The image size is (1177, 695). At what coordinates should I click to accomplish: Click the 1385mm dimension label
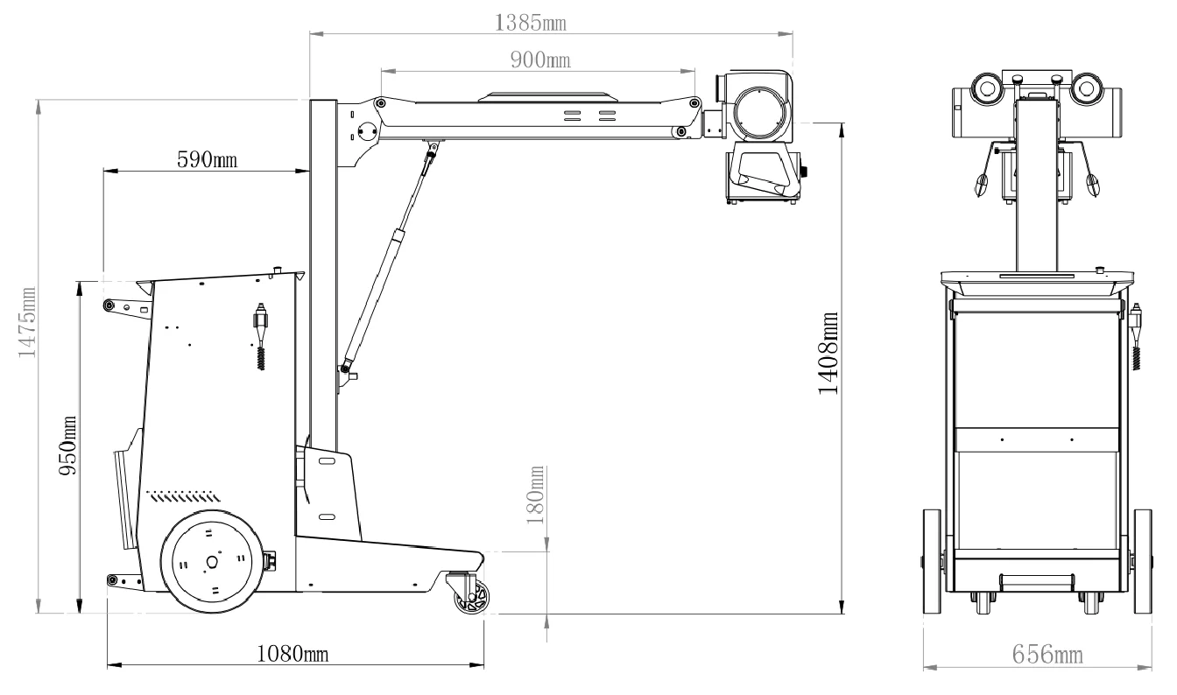click(x=530, y=23)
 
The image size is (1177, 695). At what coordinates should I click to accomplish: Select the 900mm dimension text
click(x=540, y=60)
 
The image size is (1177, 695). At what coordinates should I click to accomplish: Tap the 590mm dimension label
click(x=207, y=159)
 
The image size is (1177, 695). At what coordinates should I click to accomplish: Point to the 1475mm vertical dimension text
click(x=27, y=322)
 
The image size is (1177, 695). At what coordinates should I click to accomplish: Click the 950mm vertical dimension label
click(x=67, y=446)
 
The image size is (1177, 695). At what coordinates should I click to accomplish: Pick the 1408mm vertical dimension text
click(x=828, y=353)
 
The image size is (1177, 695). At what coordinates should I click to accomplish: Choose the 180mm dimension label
click(x=535, y=495)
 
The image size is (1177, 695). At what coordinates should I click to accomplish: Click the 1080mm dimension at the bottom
click(x=292, y=654)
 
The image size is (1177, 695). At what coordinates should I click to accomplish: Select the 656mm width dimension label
click(x=1047, y=655)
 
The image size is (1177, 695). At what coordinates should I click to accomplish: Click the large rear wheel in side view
click(x=212, y=562)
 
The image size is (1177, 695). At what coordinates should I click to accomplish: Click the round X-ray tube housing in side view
click(x=761, y=114)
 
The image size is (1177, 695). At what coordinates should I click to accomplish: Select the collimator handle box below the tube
click(x=764, y=176)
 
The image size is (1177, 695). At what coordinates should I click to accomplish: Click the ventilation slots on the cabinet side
click(x=183, y=496)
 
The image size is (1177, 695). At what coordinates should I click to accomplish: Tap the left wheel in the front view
click(x=932, y=561)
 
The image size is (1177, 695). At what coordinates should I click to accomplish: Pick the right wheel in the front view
click(x=1143, y=561)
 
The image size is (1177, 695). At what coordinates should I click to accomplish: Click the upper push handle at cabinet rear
click(x=128, y=306)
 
